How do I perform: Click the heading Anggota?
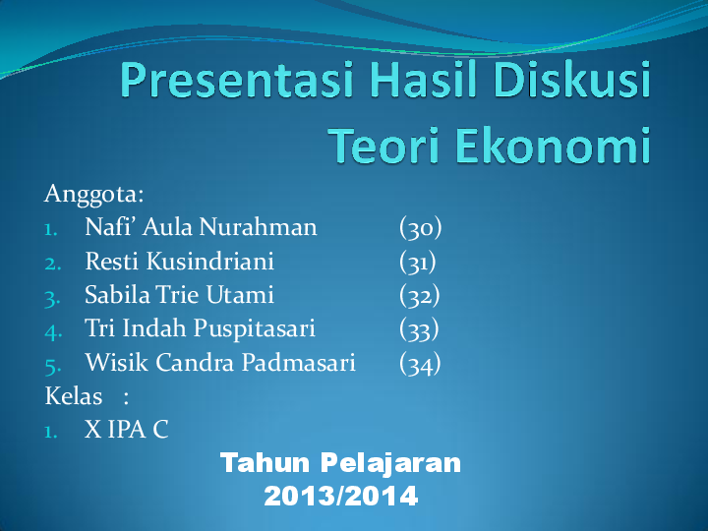click(94, 194)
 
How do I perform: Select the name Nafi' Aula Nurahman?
click(201, 228)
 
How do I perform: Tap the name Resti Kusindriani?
click(179, 262)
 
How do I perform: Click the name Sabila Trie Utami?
click(179, 295)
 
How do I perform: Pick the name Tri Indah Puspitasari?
click(200, 329)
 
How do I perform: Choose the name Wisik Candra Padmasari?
click(220, 363)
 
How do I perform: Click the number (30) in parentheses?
click(421, 228)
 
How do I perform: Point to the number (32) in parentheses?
click(420, 295)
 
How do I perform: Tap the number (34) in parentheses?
click(421, 363)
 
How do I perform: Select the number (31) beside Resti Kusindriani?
click(418, 262)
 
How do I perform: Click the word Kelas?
click(74, 396)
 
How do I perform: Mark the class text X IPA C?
click(126, 430)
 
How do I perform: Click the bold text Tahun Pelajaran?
click(340, 463)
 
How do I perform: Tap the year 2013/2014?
click(340, 496)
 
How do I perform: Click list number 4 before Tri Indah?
click(53, 330)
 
